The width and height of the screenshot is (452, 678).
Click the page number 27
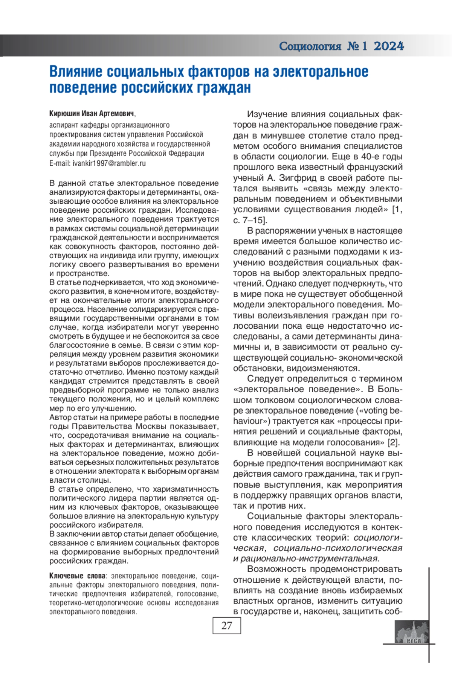point(227,626)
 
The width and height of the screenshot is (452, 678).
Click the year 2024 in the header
point(389,46)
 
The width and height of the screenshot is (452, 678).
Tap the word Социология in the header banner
point(310,46)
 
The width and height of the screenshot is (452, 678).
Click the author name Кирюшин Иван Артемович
point(92,114)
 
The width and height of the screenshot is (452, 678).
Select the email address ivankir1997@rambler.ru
point(109,163)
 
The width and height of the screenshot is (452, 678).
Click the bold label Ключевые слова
point(77,576)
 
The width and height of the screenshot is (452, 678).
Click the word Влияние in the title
point(75,72)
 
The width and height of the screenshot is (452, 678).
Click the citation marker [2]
point(393,442)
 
